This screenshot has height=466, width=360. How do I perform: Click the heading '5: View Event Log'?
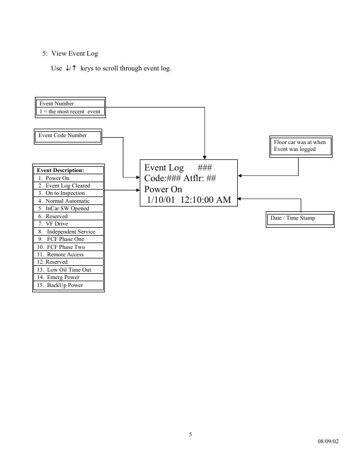(x=70, y=53)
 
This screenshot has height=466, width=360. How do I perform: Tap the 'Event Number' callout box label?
(x=57, y=104)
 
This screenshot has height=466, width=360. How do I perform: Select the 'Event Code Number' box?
(x=62, y=136)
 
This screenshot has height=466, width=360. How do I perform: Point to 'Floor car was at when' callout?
(x=300, y=142)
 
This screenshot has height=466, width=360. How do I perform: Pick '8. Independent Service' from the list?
(x=67, y=232)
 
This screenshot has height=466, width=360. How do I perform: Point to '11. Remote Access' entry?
(x=60, y=255)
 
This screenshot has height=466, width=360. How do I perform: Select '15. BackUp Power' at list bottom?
(x=60, y=285)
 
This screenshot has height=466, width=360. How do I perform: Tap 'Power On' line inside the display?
(x=163, y=189)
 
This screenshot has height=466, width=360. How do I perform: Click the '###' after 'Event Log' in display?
(x=205, y=168)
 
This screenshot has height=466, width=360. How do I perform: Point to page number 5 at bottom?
(x=191, y=435)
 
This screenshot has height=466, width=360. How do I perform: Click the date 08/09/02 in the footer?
(x=328, y=441)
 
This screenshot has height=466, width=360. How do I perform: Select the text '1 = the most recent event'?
(x=70, y=112)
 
